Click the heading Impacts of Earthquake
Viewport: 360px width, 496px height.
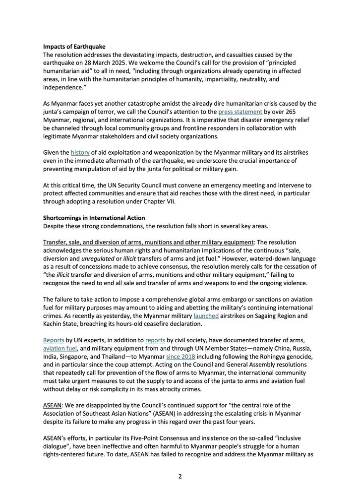(x=74, y=47)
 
